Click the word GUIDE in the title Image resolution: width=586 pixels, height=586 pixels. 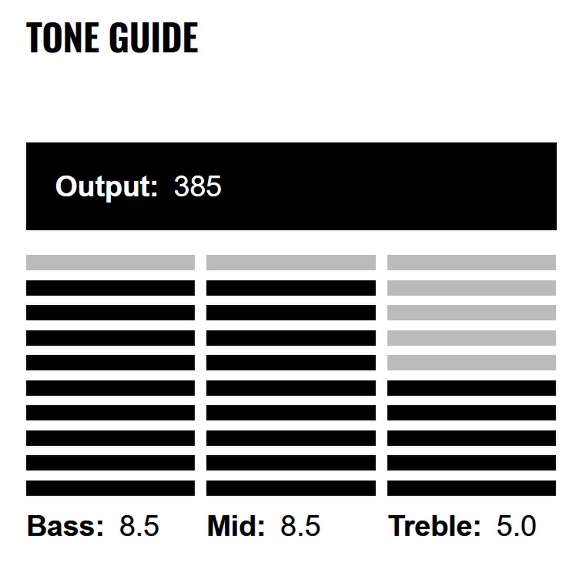coord(153,37)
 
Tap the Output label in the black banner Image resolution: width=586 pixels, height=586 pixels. coord(106,187)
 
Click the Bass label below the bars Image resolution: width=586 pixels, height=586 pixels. coord(65,526)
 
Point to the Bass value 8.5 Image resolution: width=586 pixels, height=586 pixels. coord(139,526)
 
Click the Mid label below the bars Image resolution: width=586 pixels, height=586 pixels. coord(236,526)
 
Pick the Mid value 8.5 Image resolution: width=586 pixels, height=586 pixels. coord(300,526)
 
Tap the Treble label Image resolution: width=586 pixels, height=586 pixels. coord(434,526)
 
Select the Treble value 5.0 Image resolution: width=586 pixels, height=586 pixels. coord(516,526)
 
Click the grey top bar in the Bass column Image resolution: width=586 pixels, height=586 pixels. coord(110,263)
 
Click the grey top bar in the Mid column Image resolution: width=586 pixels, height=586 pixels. coord(291,263)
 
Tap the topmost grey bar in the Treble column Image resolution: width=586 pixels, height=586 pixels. coord(471,263)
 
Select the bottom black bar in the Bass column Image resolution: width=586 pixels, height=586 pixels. coord(110,488)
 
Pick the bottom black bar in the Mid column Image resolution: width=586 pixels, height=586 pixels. coord(291,488)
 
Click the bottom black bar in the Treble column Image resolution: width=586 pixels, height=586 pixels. coord(471,488)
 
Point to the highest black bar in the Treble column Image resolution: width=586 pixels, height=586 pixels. coord(471,388)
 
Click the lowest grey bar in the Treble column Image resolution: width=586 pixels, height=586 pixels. coord(471,363)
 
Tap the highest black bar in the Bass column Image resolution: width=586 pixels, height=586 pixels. coord(110,288)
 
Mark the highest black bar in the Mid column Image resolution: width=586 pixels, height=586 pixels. coord(291,288)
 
